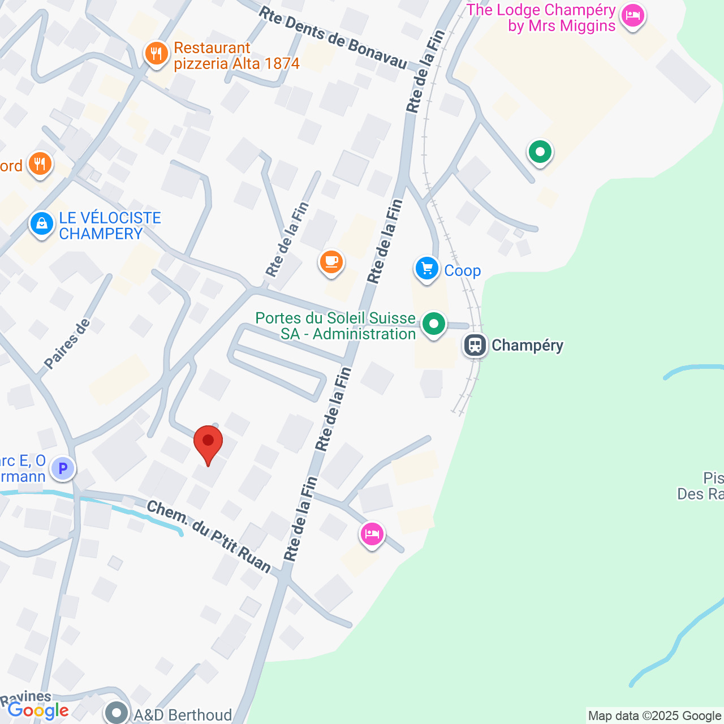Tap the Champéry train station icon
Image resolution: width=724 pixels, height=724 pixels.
(x=475, y=344)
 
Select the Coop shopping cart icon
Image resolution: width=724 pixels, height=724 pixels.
(x=427, y=269)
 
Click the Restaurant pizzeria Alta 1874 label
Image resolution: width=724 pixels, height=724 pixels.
(x=236, y=55)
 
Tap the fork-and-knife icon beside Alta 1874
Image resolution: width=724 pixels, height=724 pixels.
(x=156, y=54)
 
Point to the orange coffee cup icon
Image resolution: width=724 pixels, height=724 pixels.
(x=331, y=262)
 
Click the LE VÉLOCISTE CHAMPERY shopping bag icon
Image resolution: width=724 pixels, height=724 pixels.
(x=41, y=223)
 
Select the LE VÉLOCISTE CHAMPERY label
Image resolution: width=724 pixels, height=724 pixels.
(x=110, y=226)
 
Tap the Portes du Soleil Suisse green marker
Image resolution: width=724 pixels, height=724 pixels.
(x=434, y=324)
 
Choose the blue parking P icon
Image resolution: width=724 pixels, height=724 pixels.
(x=63, y=468)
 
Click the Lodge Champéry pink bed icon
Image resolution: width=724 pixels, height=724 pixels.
(x=632, y=16)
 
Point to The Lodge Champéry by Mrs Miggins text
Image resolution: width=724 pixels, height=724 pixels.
(x=541, y=18)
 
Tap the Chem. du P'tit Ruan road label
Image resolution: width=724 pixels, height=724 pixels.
(x=209, y=536)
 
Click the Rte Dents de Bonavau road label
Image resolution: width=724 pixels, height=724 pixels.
(x=333, y=38)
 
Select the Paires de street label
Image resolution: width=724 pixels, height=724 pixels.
(x=67, y=344)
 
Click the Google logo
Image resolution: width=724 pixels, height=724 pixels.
(x=38, y=710)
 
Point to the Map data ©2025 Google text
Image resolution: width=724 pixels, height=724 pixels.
(x=655, y=716)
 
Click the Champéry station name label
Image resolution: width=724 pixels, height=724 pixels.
(x=527, y=345)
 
